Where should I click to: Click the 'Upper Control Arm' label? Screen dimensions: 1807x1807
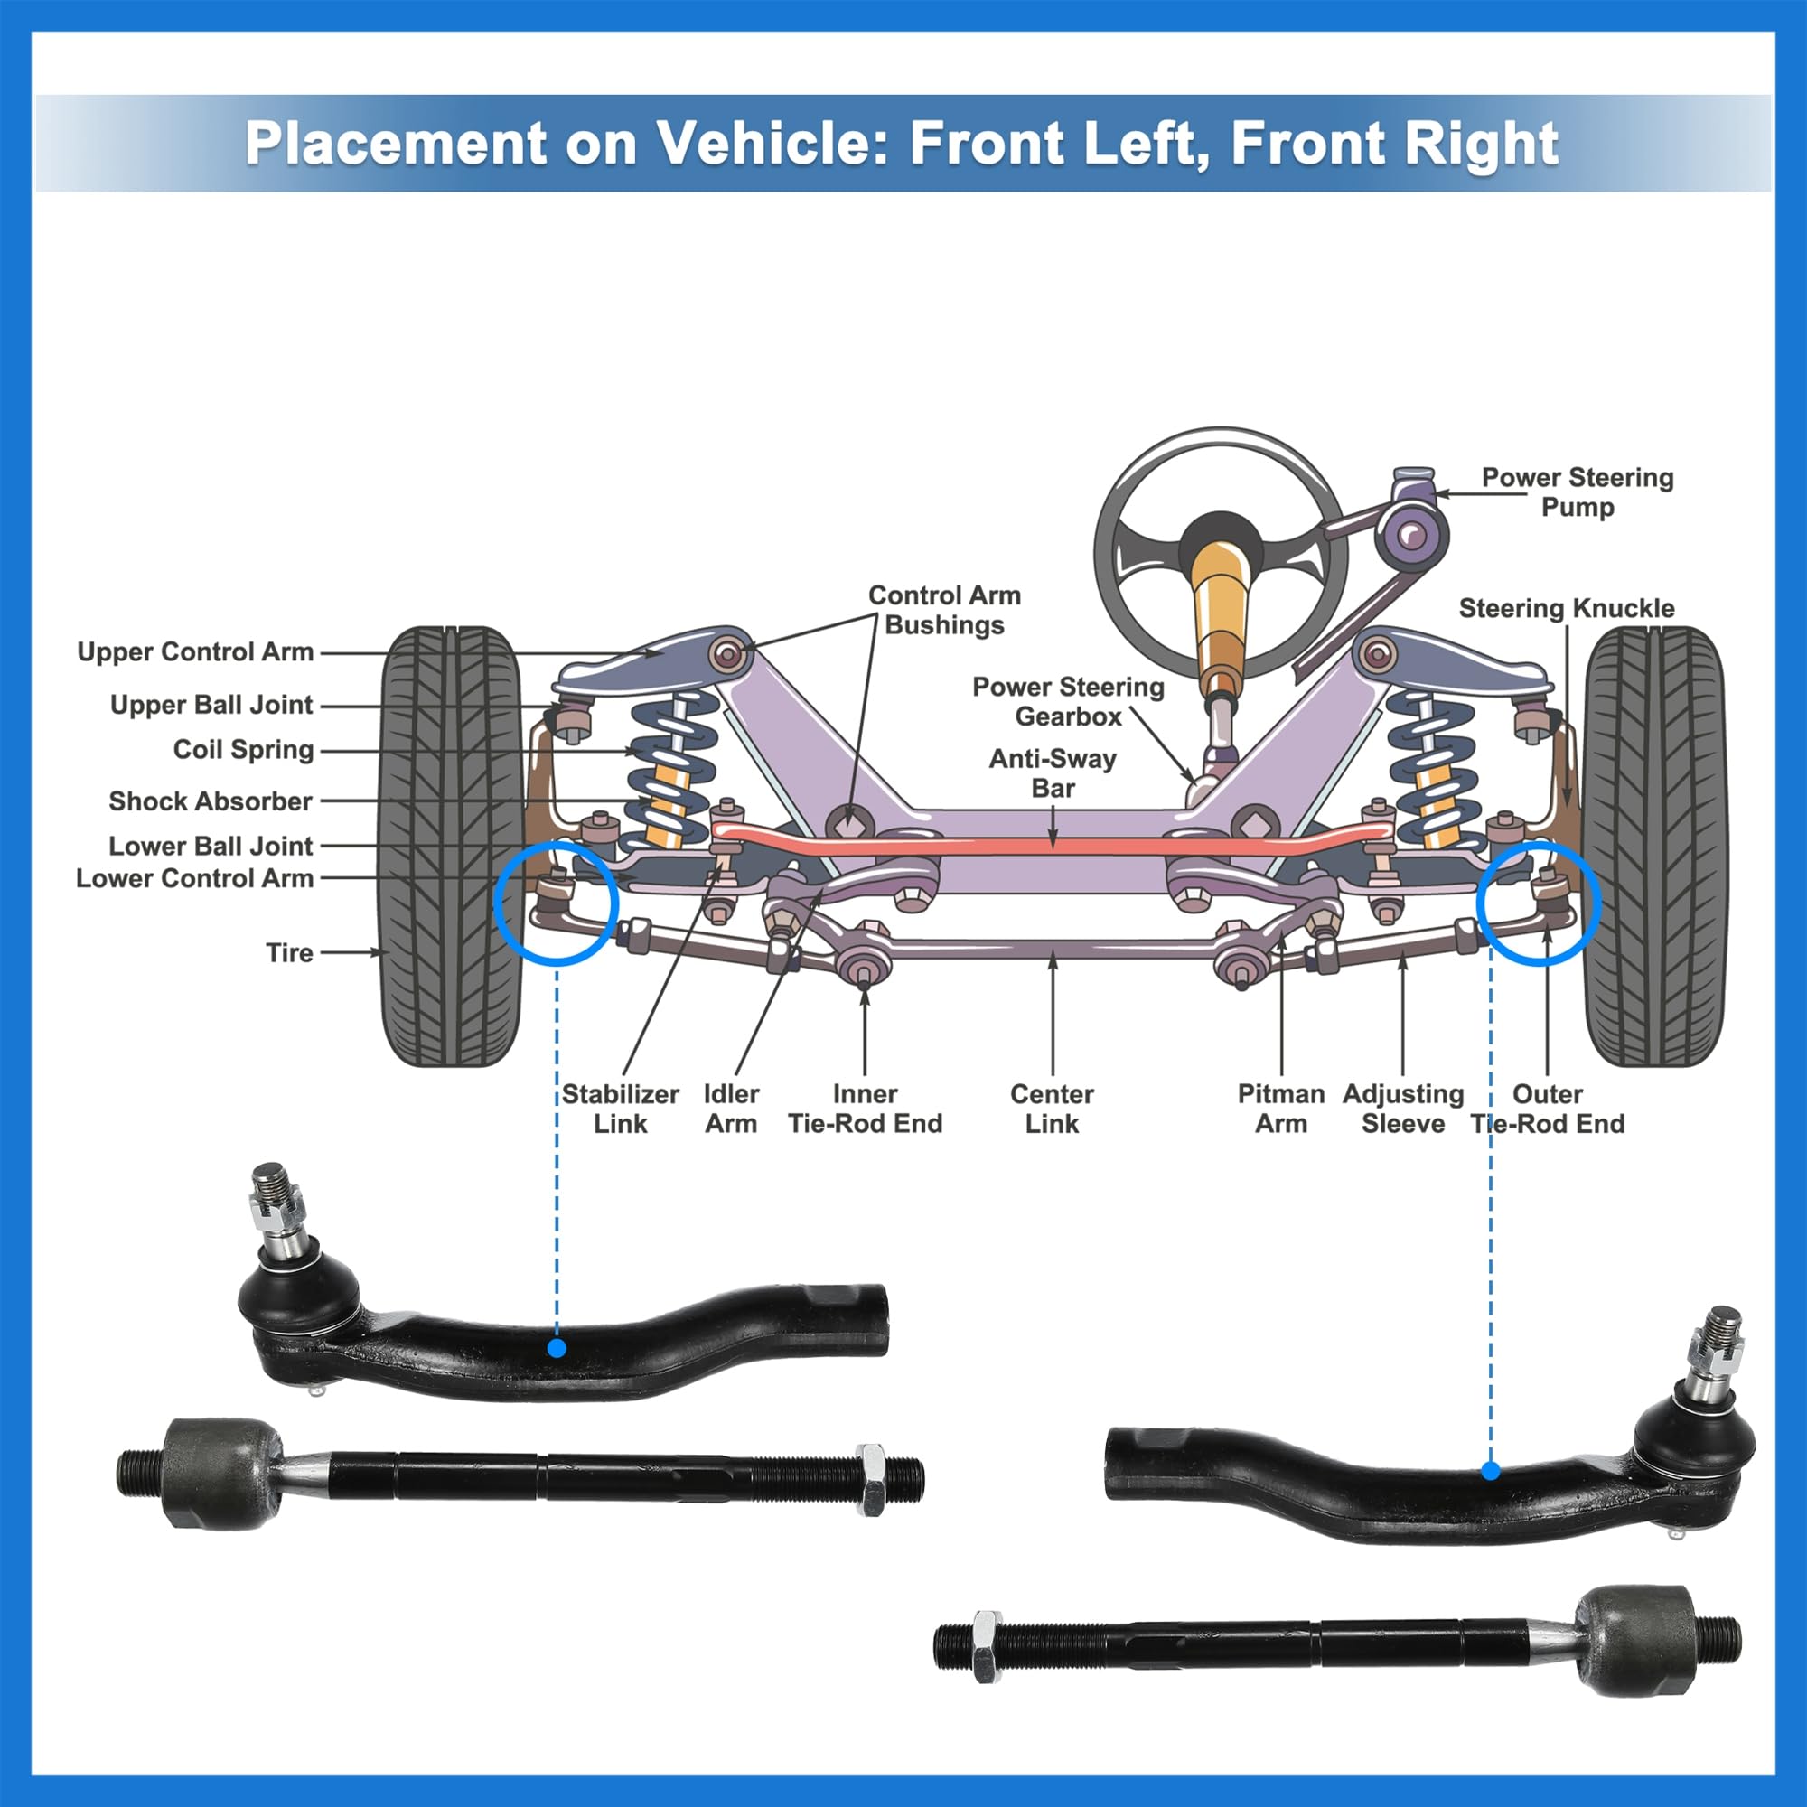click(194, 652)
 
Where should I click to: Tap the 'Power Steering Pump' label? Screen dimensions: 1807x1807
click(1577, 492)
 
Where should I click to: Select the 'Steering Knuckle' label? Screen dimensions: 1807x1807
click(1566, 608)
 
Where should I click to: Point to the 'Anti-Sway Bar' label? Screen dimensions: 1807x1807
click(1053, 772)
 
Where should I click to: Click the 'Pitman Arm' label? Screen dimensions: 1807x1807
click(1280, 1109)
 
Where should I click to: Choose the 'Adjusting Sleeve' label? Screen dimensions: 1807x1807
click(1403, 1109)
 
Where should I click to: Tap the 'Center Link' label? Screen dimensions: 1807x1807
click(1052, 1109)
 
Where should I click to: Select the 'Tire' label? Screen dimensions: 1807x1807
click(289, 952)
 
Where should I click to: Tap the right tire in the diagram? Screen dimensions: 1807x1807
click(1653, 847)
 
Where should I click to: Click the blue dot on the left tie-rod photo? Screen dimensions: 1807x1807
click(557, 1348)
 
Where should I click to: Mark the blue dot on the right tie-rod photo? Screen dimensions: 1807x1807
click(1491, 1471)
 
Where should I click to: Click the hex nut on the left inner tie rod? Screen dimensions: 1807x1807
click(871, 1479)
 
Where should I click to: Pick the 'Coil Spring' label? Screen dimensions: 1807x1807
click(243, 749)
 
